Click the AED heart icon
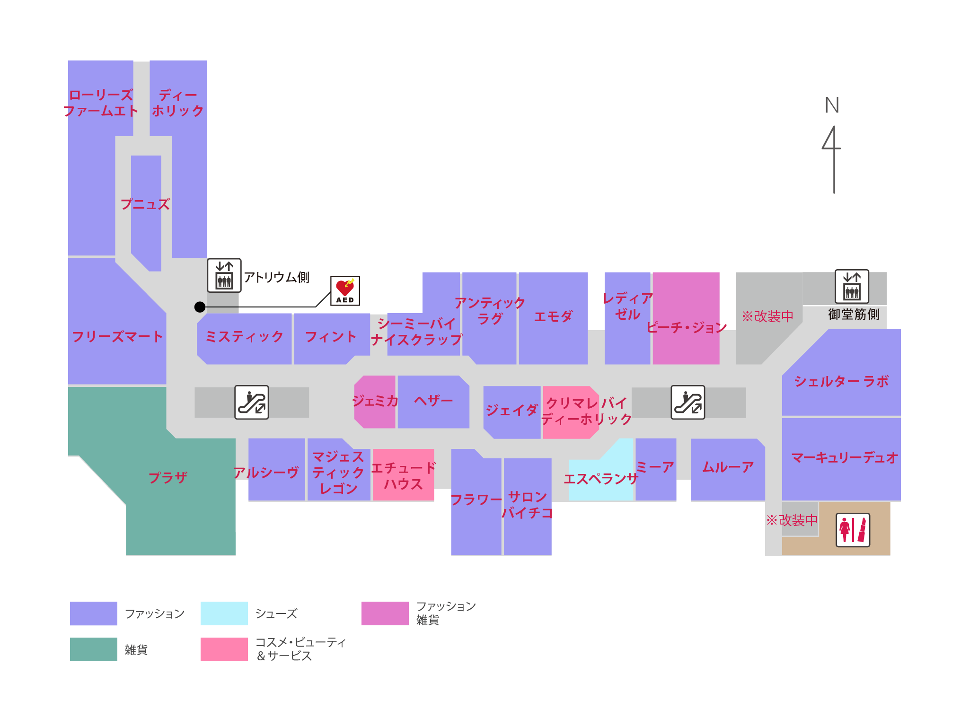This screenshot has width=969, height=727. point(345,290)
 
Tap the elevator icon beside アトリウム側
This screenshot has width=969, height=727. point(224,275)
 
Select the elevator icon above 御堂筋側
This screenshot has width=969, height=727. point(852,286)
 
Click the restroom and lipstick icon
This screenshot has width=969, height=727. point(853,530)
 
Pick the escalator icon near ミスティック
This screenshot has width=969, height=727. point(252,403)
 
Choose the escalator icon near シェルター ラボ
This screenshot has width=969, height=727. point(687,403)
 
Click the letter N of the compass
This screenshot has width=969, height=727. point(832,105)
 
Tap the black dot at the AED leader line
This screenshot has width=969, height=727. point(200,307)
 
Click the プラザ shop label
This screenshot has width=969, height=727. point(168,477)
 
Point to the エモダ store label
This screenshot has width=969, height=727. point(553,316)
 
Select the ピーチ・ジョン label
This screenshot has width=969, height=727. point(686,327)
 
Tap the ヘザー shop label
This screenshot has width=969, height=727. point(433,401)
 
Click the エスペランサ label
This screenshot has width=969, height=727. point(600,479)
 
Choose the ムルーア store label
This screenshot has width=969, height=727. point(728,467)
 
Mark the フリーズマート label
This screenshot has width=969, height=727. point(117,337)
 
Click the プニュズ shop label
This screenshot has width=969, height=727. point(145,204)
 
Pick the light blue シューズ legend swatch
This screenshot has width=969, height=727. point(224,613)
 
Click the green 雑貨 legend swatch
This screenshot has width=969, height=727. point(93,649)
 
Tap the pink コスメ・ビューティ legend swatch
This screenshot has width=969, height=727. point(224,649)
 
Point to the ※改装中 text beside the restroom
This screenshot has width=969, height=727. point(792,520)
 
